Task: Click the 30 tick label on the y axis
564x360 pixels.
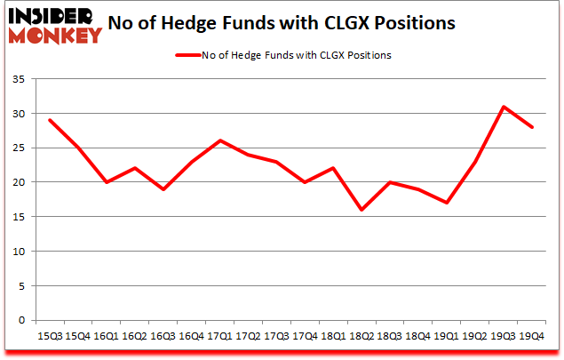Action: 20,114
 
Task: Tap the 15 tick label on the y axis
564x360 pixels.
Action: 20,217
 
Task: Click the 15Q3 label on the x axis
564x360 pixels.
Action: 49,336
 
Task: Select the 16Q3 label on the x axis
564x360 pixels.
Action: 163,336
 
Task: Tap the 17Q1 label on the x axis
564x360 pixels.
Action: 220,336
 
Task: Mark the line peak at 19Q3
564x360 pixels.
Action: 504,107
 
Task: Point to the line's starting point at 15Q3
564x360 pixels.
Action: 49,120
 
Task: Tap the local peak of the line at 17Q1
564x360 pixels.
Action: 220,140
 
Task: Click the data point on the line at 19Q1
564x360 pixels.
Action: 448,203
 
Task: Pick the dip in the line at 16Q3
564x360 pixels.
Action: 163,189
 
